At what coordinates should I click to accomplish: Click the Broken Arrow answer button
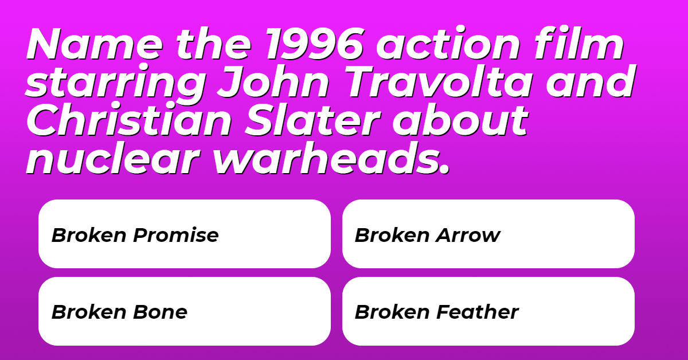click(x=488, y=234)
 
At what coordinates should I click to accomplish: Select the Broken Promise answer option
click(x=185, y=234)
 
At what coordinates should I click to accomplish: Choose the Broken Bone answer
click(x=185, y=311)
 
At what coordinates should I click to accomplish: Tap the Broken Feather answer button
click(x=488, y=311)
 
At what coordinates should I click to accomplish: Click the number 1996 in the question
click(x=315, y=44)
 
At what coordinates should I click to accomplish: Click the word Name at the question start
click(x=95, y=44)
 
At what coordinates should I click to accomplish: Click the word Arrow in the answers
click(x=468, y=235)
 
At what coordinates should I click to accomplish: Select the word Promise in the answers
click(x=175, y=235)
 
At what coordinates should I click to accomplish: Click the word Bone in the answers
click(x=160, y=312)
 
